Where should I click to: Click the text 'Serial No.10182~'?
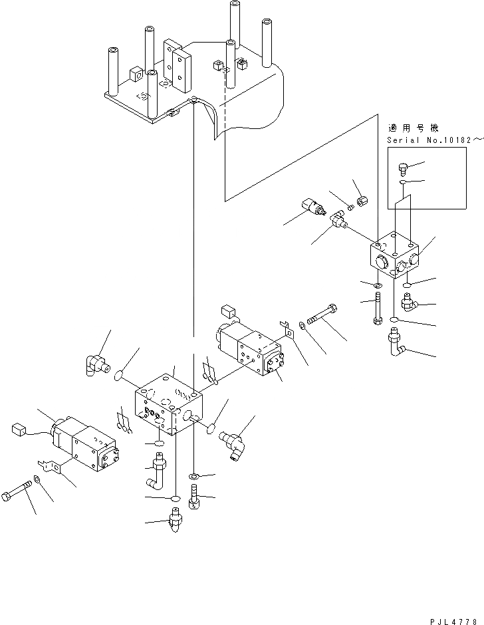coord(431,140)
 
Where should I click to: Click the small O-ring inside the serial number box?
coord(404,182)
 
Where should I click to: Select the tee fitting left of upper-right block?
coord(338,221)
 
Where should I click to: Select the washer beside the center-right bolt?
coord(303,324)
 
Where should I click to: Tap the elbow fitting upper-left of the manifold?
coord(96,363)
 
